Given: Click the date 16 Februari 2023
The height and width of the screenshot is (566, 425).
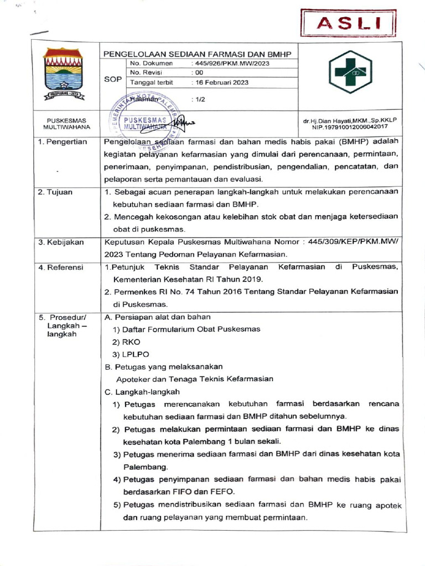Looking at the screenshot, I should click(219, 82).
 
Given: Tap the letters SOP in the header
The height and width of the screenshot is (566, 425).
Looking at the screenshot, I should click(113, 79).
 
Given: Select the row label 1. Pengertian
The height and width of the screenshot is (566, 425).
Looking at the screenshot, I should click(63, 141).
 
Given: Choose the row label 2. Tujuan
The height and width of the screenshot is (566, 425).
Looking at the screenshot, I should click(58, 192).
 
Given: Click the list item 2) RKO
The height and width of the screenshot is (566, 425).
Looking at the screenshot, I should click(127, 342).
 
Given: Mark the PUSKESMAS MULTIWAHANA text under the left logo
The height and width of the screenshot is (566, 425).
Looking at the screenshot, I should click(63, 123).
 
